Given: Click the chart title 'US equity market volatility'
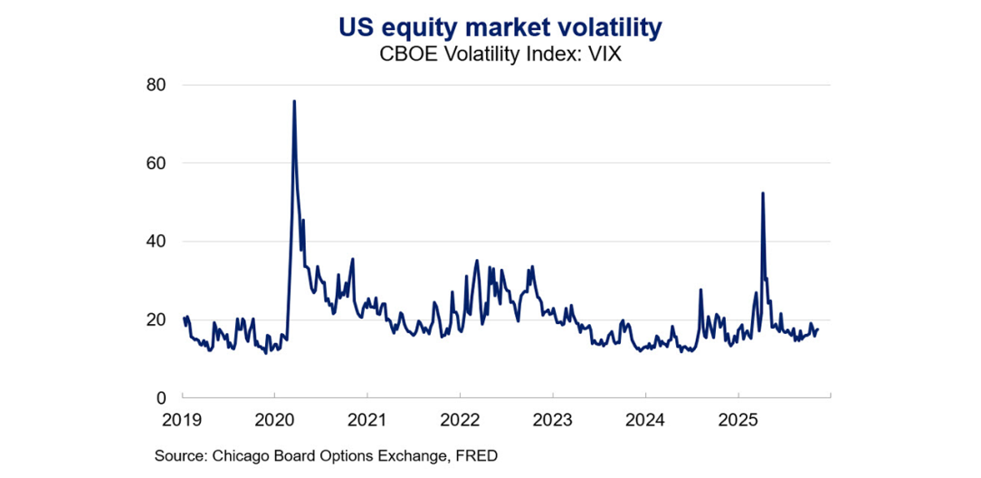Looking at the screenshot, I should coord(500,27).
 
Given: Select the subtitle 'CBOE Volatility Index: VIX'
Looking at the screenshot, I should coord(500,53).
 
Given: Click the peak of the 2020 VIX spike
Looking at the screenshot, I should coord(294,100).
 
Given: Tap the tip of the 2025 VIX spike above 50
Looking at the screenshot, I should coord(763,193).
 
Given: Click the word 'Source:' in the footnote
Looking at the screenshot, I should coord(180,457).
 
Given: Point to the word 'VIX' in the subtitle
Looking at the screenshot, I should coord(602,53).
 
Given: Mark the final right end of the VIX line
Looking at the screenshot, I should coord(818,330).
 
